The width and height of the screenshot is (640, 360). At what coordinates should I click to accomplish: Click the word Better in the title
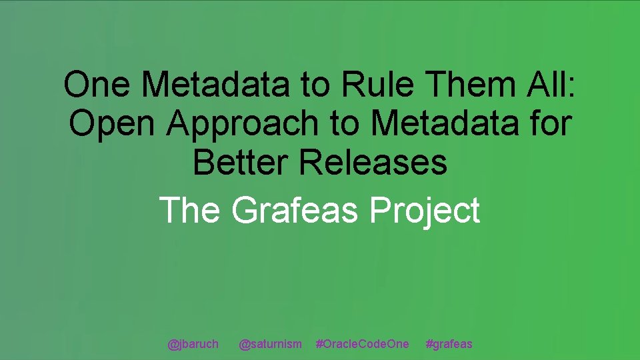(239, 162)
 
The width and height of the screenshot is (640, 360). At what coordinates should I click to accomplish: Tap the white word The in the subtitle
(190, 210)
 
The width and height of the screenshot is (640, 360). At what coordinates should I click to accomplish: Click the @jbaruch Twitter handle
(193, 344)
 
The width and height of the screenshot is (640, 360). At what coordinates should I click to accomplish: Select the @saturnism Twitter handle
(270, 344)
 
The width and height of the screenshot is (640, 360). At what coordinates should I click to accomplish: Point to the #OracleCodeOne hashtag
(363, 344)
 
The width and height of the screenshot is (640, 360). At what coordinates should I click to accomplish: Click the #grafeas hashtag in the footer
(449, 344)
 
